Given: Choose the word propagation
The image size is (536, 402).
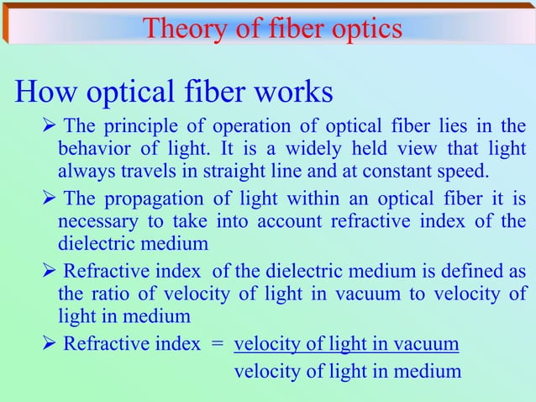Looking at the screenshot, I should tap(150, 199).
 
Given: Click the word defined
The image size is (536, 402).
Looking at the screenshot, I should tap(470, 272).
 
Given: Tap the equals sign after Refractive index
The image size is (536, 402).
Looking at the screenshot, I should tap(218, 344).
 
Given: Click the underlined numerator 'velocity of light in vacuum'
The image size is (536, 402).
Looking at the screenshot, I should tap(346, 344).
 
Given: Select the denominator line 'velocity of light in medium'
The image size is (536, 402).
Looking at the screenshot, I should tap(347, 369).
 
